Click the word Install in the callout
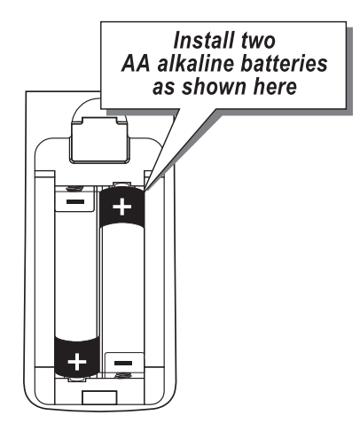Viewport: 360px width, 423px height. (204, 40)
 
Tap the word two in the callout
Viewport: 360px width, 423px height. (258, 41)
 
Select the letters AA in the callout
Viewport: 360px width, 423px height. (136, 63)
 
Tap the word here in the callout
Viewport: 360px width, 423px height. (275, 86)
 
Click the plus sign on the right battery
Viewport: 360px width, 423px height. (122, 207)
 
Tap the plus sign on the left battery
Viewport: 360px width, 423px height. (77, 362)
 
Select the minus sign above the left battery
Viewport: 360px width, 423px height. (75, 202)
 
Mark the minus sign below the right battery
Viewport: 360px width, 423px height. (123, 363)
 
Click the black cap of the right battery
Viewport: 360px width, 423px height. (122, 207)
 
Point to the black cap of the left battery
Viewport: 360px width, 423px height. (77, 357)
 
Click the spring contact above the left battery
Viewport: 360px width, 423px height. (75, 188)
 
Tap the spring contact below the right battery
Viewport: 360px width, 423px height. (123, 376)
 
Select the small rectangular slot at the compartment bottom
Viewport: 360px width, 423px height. (99, 397)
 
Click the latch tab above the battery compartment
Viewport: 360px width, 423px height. (99, 139)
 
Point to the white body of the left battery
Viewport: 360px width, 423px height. (76, 272)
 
